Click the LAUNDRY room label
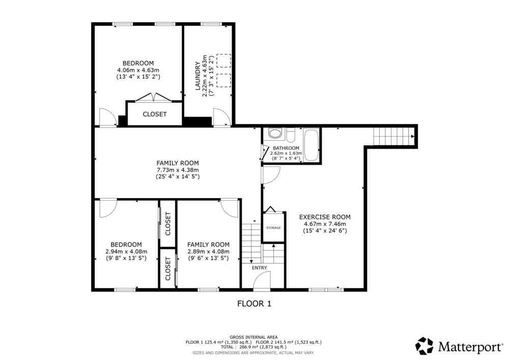click(x=197, y=76)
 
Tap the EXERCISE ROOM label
click(x=325, y=217)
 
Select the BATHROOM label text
click(x=286, y=148)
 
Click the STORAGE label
click(x=273, y=228)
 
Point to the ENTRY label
click(x=260, y=268)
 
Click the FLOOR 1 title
click(x=254, y=304)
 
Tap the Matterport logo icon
click(x=425, y=346)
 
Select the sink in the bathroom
click(x=276, y=134)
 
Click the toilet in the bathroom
click(x=291, y=135)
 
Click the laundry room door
click(x=221, y=117)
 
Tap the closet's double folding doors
click(x=153, y=97)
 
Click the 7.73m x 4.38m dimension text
click(x=178, y=170)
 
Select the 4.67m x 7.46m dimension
click(x=325, y=224)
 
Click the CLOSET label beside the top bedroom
click(x=155, y=114)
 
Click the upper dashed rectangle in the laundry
click(x=223, y=61)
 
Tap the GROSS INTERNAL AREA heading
click(x=253, y=337)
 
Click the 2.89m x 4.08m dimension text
click(x=208, y=252)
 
